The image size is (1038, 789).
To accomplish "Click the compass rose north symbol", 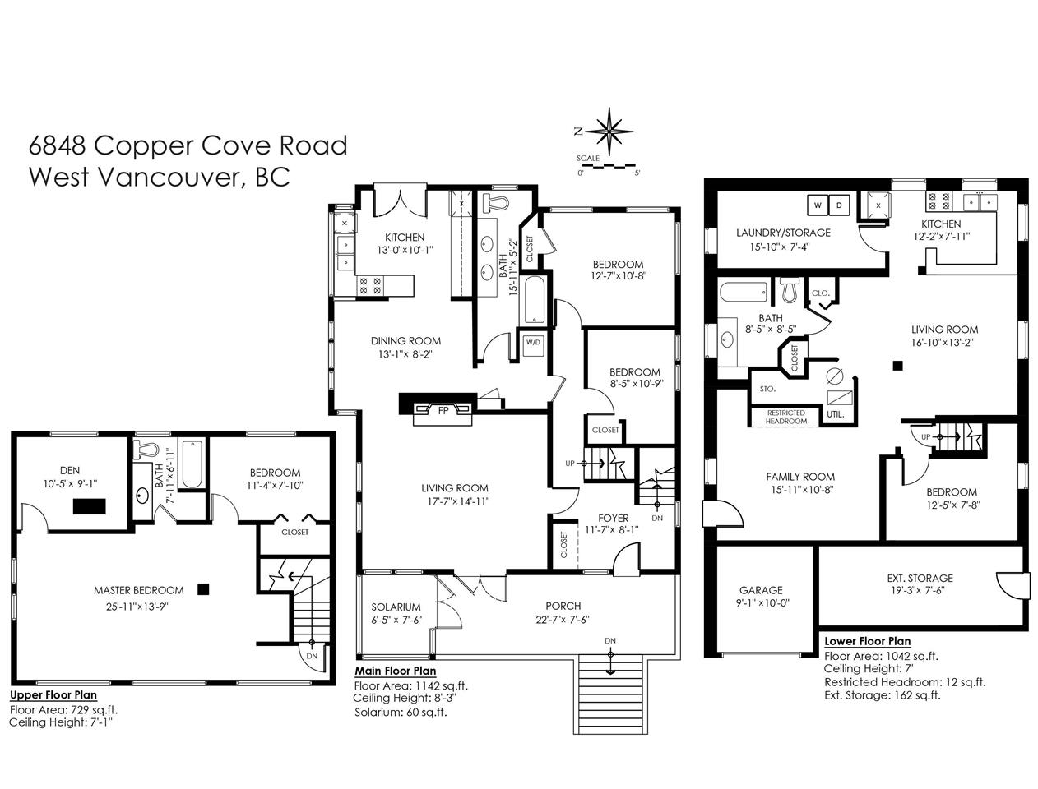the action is [x=609, y=131].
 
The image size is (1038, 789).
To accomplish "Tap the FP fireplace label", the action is [x=443, y=411].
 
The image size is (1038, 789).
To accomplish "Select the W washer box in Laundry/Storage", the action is [x=818, y=205].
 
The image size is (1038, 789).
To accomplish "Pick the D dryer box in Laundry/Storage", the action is [x=839, y=205].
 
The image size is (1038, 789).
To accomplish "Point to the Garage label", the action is [x=761, y=590].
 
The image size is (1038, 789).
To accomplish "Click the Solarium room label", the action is [x=396, y=607].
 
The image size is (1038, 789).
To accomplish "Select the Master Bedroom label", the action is [x=138, y=590].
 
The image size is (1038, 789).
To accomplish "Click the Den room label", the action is [x=70, y=470].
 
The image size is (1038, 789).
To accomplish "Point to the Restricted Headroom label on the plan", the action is [x=786, y=417].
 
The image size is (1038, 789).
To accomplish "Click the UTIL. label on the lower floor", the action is [x=835, y=414].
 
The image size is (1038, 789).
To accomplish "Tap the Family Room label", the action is [x=800, y=477].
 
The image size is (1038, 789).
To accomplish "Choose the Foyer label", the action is [x=613, y=518].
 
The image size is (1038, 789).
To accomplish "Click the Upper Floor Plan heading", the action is [x=53, y=695].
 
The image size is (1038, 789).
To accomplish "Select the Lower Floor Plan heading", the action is [x=867, y=641].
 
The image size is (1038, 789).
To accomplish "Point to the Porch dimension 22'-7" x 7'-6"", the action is [x=563, y=620].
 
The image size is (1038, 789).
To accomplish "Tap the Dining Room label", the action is [x=405, y=340].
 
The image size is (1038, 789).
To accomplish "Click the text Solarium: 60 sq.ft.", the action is [x=401, y=712].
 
